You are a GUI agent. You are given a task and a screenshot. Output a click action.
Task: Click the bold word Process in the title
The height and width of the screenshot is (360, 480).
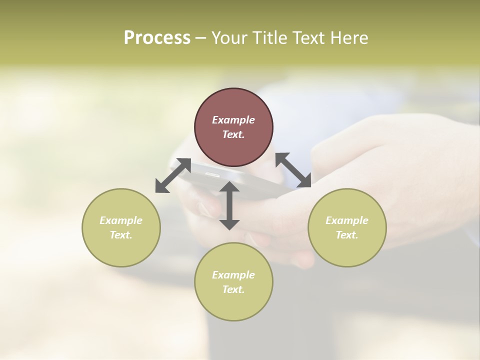point(157,38)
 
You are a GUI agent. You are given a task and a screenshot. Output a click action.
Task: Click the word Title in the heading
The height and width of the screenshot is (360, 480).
point(270,38)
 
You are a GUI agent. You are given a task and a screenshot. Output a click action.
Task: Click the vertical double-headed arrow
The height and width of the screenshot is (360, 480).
point(229,205)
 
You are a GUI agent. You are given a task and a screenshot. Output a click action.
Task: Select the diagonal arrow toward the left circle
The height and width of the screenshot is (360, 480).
point(173,175)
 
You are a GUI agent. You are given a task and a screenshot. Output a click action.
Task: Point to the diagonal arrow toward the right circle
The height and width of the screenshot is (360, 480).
point(293,170)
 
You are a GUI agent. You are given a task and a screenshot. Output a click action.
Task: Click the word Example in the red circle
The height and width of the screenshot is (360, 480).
point(233,120)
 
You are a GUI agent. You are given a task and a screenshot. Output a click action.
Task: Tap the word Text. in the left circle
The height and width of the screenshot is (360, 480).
point(121,235)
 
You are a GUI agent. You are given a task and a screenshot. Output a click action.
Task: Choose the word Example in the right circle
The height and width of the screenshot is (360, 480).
point(347,220)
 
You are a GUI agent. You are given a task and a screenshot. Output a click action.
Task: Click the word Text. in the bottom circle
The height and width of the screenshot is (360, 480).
point(233,289)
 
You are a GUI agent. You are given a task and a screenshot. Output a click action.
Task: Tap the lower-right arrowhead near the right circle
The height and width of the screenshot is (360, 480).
point(305,182)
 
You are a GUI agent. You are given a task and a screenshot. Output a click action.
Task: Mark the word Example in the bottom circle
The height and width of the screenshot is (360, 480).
point(233,275)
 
